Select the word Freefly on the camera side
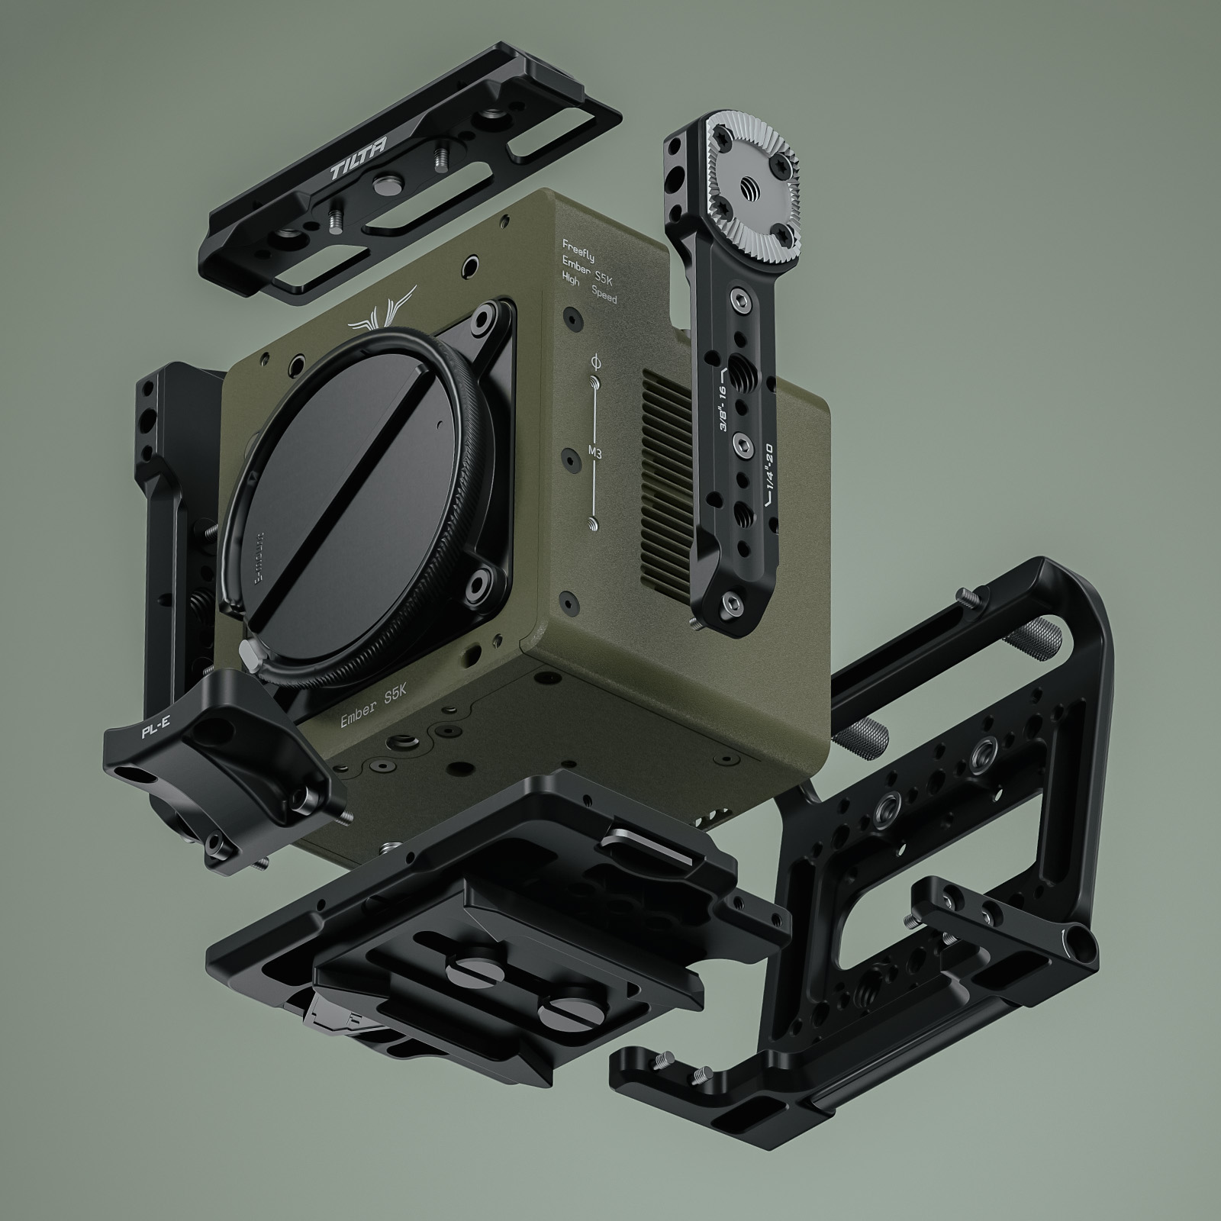tap(578, 245)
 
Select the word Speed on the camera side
tap(604, 298)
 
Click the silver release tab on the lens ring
tap(249, 650)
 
